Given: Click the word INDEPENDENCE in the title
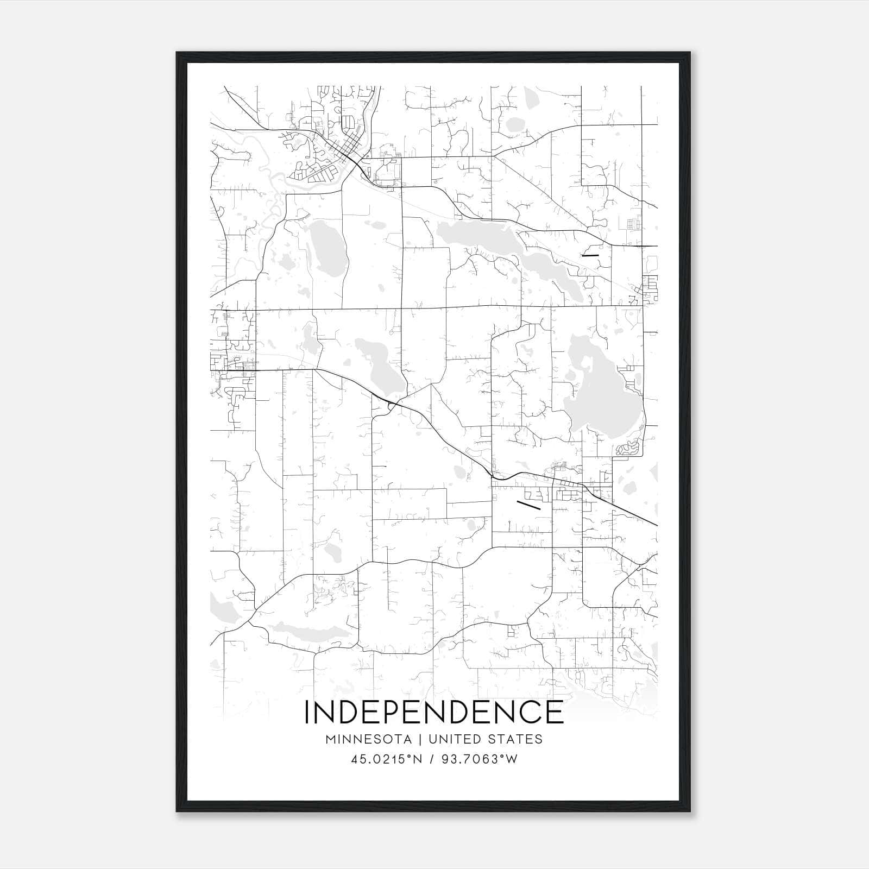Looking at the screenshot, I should (434, 712).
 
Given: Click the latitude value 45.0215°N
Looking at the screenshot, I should (386, 759).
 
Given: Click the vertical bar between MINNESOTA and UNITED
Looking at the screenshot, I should (424, 739).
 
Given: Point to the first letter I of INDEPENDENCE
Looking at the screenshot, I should (307, 712).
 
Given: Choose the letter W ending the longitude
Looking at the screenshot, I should (511, 759).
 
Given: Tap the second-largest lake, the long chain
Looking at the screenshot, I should (489, 239).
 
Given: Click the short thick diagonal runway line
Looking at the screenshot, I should (528, 505).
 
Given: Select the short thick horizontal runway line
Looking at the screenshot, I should (590, 254).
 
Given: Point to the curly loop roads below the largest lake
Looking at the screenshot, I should (628, 449).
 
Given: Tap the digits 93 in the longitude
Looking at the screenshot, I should (451, 759).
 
